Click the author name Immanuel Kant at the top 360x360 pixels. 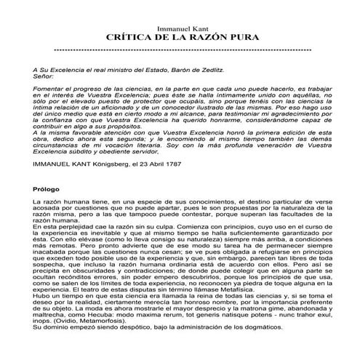coord(179,28)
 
